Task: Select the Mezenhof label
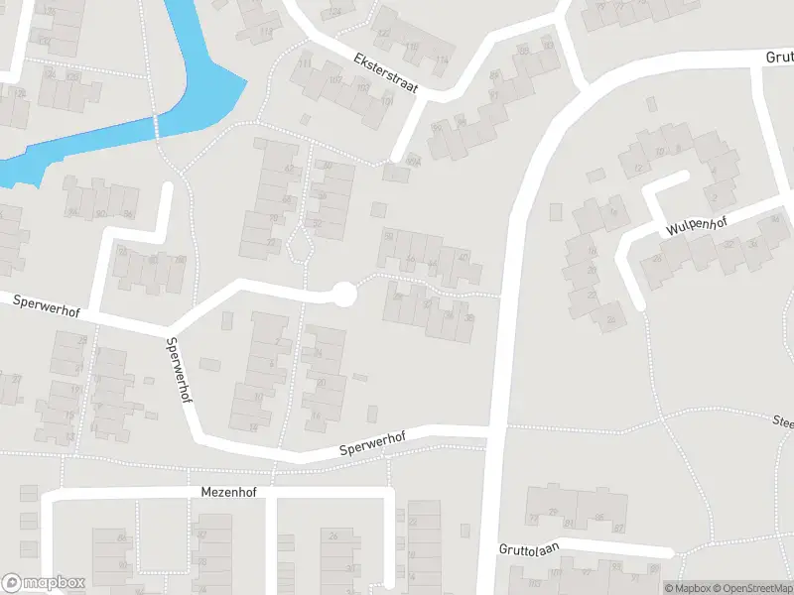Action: coord(229,492)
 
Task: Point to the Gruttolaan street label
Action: coord(530,548)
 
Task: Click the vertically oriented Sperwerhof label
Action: coord(180,368)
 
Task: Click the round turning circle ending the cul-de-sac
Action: coord(343,294)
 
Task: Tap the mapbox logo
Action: coord(44,583)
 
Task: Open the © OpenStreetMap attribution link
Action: coord(745,587)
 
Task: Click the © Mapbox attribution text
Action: coord(688,587)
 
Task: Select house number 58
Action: coord(389,235)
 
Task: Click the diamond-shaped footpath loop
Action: coord(302,244)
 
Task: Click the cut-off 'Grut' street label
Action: coord(778,58)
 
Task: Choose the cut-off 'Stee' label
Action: coord(782,421)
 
